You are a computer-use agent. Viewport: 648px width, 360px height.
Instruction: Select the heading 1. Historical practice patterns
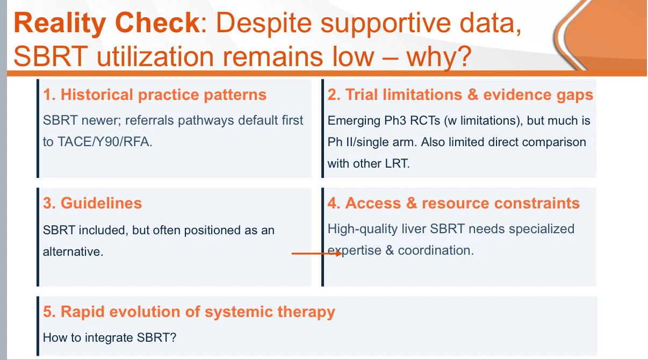pyautogui.click(x=155, y=95)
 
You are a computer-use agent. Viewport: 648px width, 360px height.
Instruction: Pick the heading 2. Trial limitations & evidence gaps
pyautogui.click(x=460, y=95)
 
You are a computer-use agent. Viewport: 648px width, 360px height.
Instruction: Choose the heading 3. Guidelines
pyautogui.click(x=92, y=203)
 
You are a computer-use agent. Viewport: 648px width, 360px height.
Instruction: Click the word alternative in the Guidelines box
pyautogui.click(x=73, y=251)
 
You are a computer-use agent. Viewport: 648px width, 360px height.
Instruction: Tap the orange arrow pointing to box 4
pyautogui.click(x=317, y=254)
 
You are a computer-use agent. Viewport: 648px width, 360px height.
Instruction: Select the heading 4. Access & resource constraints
pyautogui.click(x=453, y=203)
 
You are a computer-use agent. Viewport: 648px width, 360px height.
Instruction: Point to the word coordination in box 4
pyautogui.click(x=436, y=250)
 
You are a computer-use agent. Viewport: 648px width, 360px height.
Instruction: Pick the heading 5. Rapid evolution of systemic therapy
pyautogui.click(x=189, y=312)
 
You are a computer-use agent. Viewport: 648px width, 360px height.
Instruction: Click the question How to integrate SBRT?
pyautogui.click(x=110, y=337)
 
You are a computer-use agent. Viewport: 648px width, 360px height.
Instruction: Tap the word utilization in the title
pyautogui.click(x=155, y=56)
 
